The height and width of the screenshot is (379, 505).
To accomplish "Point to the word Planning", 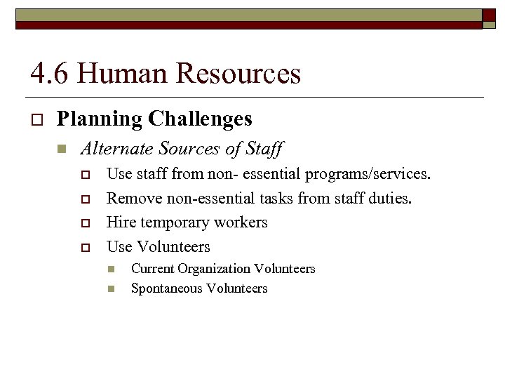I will [100, 119].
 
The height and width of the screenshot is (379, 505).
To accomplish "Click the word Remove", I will [134, 199].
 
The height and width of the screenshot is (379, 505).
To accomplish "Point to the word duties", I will [391, 199].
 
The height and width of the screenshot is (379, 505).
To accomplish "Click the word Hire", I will [120, 222].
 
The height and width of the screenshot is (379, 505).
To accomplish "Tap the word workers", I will [243, 222].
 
